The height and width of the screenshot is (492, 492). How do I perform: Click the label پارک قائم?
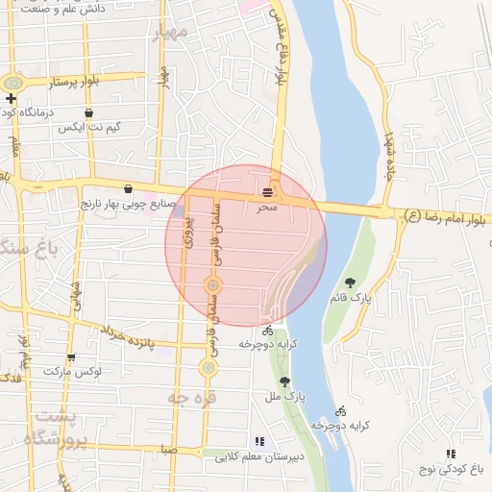coord(351,298)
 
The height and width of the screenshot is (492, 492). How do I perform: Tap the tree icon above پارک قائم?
coord(351,283)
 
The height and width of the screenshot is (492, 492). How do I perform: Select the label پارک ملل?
coord(285,395)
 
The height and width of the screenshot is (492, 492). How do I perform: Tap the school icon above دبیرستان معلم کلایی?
coord(258,442)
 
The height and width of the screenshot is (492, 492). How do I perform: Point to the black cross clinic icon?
coord(11,98)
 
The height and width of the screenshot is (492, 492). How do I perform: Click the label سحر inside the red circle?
coord(266,207)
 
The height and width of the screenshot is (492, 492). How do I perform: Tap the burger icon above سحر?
coord(266,193)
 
